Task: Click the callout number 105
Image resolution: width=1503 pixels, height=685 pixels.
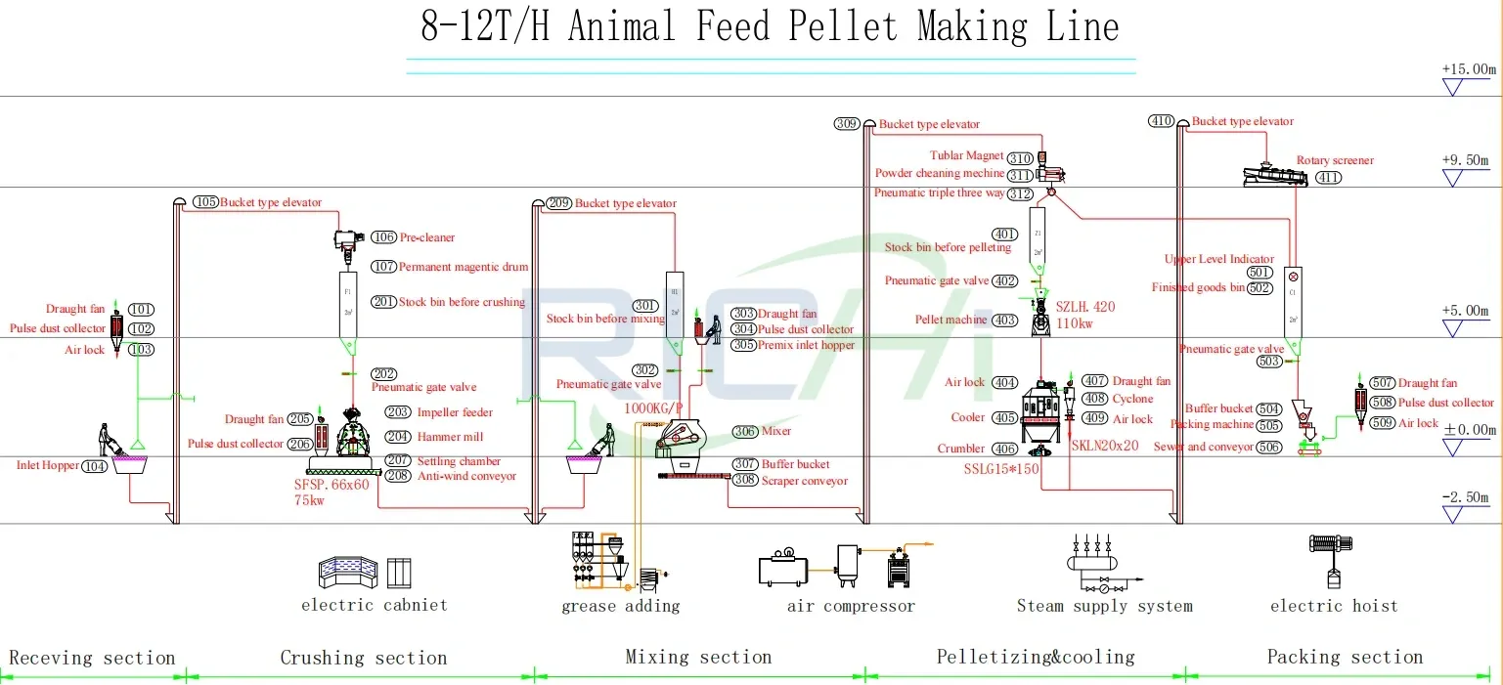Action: click(205, 202)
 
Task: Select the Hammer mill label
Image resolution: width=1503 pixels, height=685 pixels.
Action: click(450, 437)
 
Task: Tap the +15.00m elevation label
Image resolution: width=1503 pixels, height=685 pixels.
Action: click(1469, 69)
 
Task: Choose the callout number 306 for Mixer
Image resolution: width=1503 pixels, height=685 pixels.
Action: click(746, 431)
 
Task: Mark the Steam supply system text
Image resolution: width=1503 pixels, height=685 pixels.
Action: click(1104, 606)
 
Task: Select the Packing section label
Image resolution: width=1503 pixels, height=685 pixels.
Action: click(1345, 657)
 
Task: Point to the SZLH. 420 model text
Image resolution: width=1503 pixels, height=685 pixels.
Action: click(1085, 307)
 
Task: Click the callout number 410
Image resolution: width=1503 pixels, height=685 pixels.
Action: click(1162, 121)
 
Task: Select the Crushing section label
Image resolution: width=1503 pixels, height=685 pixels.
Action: click(363, 658)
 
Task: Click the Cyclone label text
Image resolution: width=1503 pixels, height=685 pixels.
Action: click(1132, 399)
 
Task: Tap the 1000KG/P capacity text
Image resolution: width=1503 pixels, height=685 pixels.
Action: click(655, 408)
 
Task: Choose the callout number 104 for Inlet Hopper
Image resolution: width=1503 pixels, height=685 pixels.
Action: click(95, 467)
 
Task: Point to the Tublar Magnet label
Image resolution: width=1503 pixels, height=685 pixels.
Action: click(966, 155)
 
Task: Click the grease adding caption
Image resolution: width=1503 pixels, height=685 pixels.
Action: click(620, 606)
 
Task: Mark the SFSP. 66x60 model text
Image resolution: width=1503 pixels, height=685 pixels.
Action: click(332, 484)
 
